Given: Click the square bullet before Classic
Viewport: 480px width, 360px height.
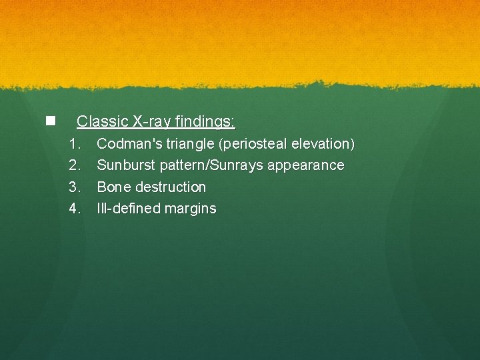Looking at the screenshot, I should (x=49, y=121).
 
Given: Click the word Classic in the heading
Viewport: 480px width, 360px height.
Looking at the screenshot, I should (x=102, y=121).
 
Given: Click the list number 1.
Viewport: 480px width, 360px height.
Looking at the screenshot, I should (x=75, y=143).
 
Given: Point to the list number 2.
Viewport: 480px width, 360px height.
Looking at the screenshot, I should (x=75, y=165).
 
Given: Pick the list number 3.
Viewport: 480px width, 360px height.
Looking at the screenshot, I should (x=75, y=187).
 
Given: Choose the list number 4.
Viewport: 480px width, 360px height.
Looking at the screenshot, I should (x=75, y=209).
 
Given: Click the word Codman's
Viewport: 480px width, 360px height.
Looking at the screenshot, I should (x=129, y=143).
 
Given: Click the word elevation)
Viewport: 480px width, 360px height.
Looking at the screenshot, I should (x=324, y=143).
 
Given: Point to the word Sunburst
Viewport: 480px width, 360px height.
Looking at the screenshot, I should (x=127, y=165).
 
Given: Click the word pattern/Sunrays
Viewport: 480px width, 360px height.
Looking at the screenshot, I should (x=211, y=165).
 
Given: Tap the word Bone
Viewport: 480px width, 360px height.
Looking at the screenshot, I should (x=114, y=187).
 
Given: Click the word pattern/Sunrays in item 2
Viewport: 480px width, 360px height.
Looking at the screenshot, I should (x=211, y=165).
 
